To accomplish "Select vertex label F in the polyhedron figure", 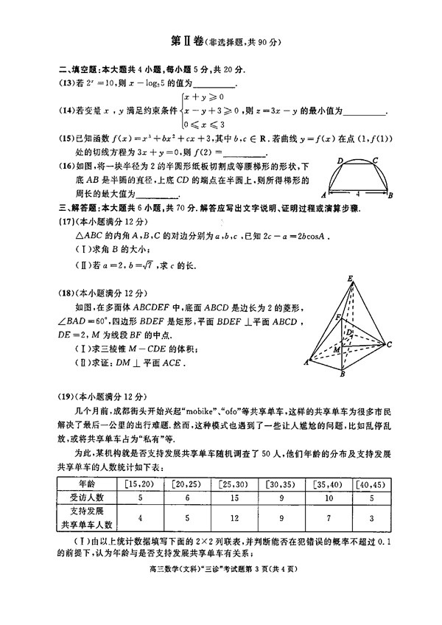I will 338,317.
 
